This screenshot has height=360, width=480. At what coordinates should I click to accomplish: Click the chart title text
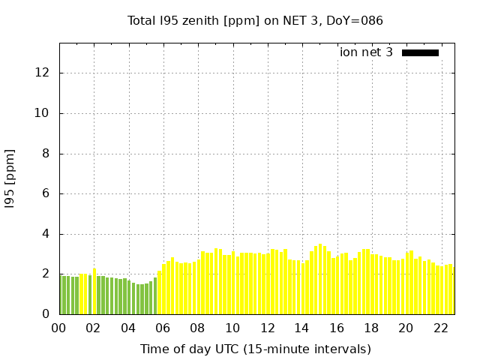tap(255, 20)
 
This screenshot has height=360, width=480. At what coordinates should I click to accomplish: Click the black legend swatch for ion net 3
tap(420, 52)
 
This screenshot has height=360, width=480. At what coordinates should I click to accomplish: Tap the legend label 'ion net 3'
tap(366, 52)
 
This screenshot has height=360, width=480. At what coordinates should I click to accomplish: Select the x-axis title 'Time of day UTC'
tap(255, 349)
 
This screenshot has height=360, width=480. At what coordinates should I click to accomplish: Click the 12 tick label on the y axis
tap(43, 73)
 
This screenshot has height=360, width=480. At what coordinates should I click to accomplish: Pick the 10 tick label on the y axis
tap(43, 113)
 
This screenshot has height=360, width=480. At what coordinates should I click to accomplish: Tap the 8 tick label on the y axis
tap(46, 154)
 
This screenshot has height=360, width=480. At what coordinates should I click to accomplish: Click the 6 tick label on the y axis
tap(46, 193)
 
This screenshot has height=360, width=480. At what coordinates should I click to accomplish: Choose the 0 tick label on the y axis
tap(46, 314)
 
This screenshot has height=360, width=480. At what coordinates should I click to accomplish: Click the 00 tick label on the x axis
tap(59, 328)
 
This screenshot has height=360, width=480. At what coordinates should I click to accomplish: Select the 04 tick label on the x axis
tap(128, 328)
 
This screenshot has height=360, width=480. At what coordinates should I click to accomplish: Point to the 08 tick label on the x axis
tap(198, 328)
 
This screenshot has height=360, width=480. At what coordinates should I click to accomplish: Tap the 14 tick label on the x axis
tap(301, 328)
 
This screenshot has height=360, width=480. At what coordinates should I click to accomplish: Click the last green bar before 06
tap(155, 296)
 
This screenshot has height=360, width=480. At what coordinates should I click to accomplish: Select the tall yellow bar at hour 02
tap(94, 291)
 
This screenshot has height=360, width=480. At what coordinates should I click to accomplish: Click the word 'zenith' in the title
tap(199, 20)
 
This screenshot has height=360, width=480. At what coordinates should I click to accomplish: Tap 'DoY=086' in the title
tap(357, 20)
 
